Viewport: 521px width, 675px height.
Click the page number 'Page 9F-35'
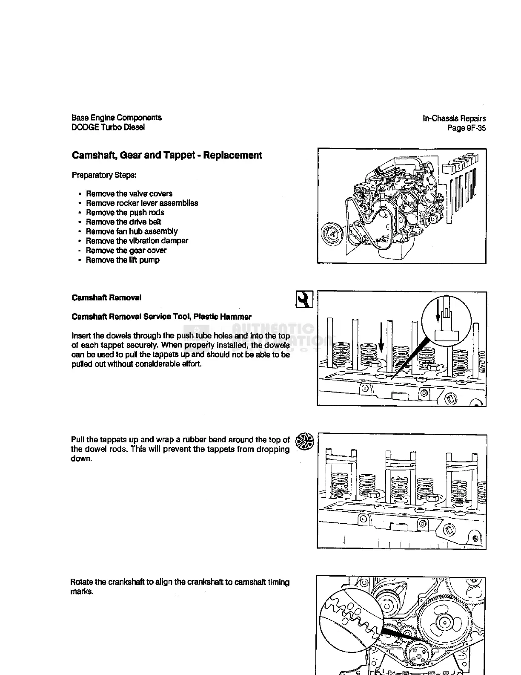tap(466, 128)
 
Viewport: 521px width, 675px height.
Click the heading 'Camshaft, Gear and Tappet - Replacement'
tap(167, 156)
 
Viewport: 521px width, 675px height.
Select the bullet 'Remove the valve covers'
tap(129, 193)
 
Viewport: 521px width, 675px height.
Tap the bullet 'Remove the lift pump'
tap(123, 260)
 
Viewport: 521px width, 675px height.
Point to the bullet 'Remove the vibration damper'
tap(137, 241)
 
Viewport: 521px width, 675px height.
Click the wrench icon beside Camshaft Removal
tap(304, 299)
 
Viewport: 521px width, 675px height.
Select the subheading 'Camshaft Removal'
tap(106, 297)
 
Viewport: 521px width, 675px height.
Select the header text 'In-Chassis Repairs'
tap(454, 118)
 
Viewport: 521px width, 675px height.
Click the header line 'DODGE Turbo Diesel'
tap(108, 127)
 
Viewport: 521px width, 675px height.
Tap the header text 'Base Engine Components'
tap(117, 118)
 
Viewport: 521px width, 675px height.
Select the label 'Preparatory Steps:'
tap(104, 175)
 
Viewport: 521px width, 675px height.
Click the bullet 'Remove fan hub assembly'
tap(132, 231)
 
